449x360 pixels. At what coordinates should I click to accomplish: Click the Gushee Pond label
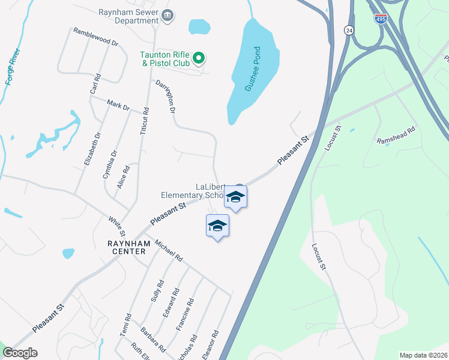click(x=255, y=69)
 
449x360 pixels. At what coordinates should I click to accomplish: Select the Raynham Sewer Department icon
click(x=167, y=15)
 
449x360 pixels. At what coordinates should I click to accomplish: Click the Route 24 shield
click(x=349, y=30)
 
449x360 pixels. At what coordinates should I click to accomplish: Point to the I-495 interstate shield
click(x=380, y=20)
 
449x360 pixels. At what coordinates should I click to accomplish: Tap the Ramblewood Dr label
click(x=95, y=37)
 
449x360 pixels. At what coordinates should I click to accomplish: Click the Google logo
click(x=20, y=353)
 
